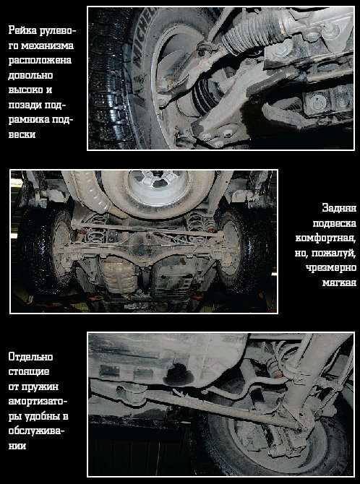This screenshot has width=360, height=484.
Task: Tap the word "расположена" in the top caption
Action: (x=40, y=60)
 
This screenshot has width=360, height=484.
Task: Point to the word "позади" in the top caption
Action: (x=27, y=105)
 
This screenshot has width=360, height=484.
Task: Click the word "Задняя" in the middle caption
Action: (x=339, y=208)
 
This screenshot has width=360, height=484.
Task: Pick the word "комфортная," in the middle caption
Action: (x=326, y=238)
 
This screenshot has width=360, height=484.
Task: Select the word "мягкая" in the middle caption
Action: (x=339, y=282)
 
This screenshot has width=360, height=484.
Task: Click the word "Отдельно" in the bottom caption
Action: (x=30, y=357)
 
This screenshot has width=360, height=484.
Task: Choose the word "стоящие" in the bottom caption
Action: (x=28, y=371)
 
